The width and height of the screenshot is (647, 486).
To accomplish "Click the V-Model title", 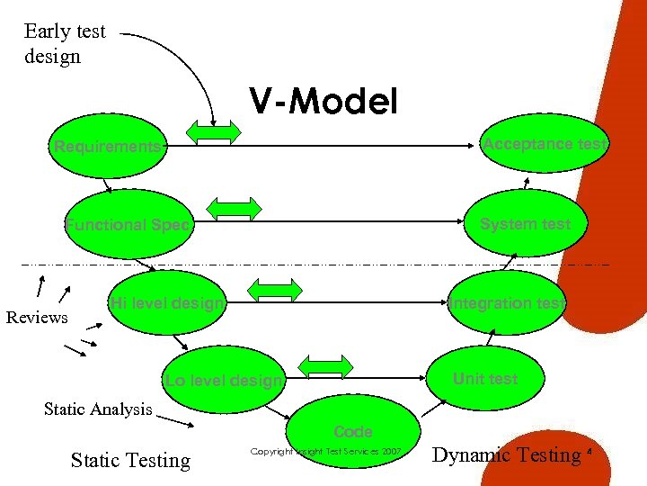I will coord(323,102).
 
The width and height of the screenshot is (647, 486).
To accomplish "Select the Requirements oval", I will coord(109,146).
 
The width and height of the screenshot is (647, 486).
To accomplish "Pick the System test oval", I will coord(525,224).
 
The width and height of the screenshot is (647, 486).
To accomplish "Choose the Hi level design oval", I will coord(167,303).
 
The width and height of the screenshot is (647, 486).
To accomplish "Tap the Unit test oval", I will coord(485,378).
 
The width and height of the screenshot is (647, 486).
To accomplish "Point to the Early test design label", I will coord(65,43).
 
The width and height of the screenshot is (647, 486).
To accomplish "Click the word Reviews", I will coord(37,318).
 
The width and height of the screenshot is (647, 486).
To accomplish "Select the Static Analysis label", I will coord(98,409).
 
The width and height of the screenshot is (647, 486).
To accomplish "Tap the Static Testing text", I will coord(130,461).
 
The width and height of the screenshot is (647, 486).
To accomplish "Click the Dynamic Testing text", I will coord(507,455).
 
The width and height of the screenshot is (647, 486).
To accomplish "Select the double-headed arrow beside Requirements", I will coord(214,132).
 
